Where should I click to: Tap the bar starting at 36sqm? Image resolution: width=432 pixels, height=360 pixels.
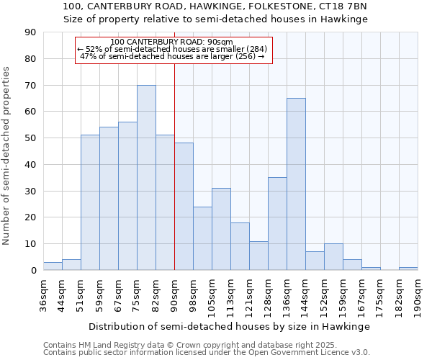coord(53,266)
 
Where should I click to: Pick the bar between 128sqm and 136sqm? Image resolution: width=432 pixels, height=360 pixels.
coord(277,224)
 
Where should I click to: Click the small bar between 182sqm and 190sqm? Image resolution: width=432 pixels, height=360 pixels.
coord(408,269)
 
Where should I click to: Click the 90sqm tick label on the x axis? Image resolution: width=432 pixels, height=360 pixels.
coord(175,293)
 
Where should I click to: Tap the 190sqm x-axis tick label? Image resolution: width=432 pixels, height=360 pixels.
coord(418,295)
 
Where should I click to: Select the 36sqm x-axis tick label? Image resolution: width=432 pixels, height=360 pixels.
coord(44,293)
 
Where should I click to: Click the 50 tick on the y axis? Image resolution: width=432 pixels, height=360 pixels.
coord(31,138)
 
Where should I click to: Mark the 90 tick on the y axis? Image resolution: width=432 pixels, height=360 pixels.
coord(31,32)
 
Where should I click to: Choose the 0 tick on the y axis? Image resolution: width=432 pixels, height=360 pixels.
coord(34,271)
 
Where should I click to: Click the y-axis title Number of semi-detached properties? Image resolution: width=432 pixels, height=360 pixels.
coord(7,156)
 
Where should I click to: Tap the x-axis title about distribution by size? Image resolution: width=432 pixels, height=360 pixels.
coord(230,327)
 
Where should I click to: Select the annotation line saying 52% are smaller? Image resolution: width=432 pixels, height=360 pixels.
coord(172,49)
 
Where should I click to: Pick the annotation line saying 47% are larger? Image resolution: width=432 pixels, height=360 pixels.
coord(172,56)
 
